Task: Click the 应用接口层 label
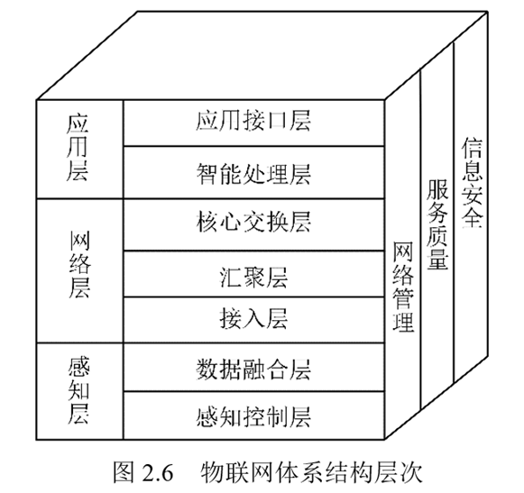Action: click(x=253, y=121)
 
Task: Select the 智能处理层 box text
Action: click(x=253, y=174)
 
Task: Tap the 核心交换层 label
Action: click(x=253, y=222)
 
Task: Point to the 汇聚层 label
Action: click(x=253, y=277)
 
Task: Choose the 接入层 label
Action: click(x=253, y=318)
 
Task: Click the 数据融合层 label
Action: click(x=253, y=370)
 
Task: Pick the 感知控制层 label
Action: click(x=253, y=416)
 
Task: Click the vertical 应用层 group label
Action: click(x=78, y=148)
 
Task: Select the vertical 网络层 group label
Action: click(x=79, y=264)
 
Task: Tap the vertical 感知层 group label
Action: click(x=78, y=390)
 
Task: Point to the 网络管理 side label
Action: click(x=403, y=287)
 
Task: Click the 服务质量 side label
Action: click(x=437, y=224)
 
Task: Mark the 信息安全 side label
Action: click(x=473, y=182)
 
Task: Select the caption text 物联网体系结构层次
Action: click(x=311, y=472)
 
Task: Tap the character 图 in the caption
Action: click(x=124, y=472)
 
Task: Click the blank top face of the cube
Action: click(x=262, y=56)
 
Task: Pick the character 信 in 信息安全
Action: click(x=473, y=148)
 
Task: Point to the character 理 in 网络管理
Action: click(x=403, y=322)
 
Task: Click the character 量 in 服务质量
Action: click(x=437, y=258)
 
